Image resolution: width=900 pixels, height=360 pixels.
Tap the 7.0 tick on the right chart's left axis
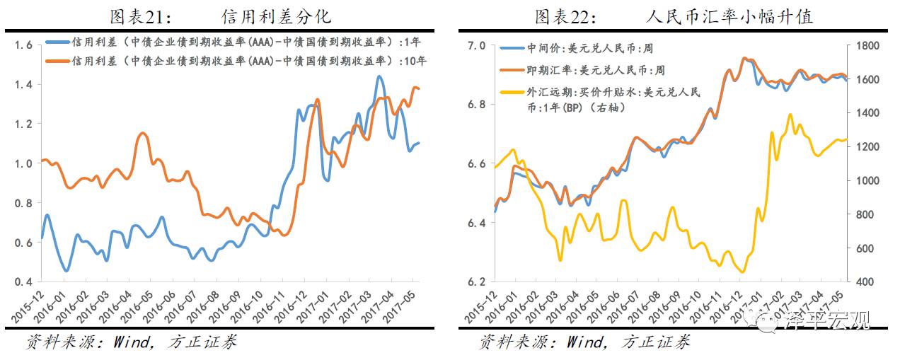pyautogui.click(x=476, y=45)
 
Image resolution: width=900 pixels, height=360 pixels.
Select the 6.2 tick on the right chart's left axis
pyautogui.click(x=476, y=282)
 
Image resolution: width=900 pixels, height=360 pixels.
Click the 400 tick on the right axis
pyautogui.click(x=864, y=282)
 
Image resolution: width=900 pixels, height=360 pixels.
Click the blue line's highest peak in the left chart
pyautogui.click(x=379, y=76)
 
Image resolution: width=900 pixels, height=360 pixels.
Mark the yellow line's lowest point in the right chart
pyautogui.click(x=742, y=272)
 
